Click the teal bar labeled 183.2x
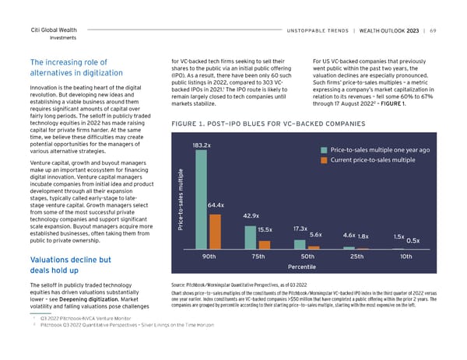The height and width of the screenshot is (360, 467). pyautogui.click(x=202, y=198)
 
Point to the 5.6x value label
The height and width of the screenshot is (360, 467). pyautogui.click(x=316, y=235)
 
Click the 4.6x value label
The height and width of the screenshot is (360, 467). pyautogui.click(x=349, y=235)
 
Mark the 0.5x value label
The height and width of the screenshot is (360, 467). pyautogui.click(x=413, y=239)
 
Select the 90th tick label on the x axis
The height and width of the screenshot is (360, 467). pyautogui.click(x=209, y=257)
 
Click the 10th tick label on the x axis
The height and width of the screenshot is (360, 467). pyautogui.click(x=406, y=257)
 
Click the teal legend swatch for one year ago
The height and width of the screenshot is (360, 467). pyautogui.click(x=324, y=149)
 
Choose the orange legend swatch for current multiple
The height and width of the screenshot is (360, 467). pyautogui.click(x=324, y=160)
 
